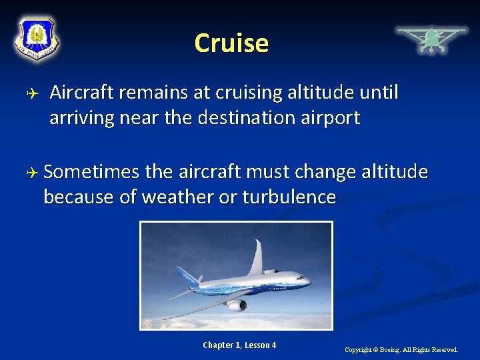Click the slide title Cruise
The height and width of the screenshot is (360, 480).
tap(231, 43)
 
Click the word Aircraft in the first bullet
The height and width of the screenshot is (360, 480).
tap(83, 93)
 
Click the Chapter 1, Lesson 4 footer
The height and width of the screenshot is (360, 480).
tap(239, 345)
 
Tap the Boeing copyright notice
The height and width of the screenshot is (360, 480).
tap(401, 349)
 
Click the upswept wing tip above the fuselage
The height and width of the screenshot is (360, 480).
tap(256, 257)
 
